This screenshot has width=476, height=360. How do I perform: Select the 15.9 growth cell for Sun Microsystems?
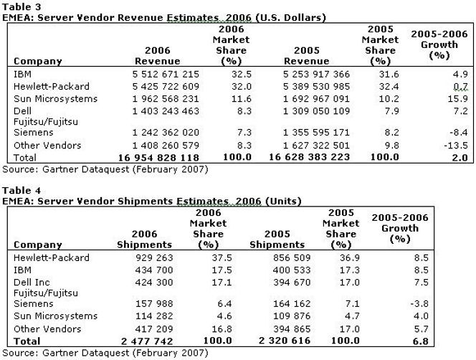pos(452,98)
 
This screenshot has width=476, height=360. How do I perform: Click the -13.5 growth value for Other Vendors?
pos(449,144)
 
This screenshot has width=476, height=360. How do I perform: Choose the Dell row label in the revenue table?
pos(22,110)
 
